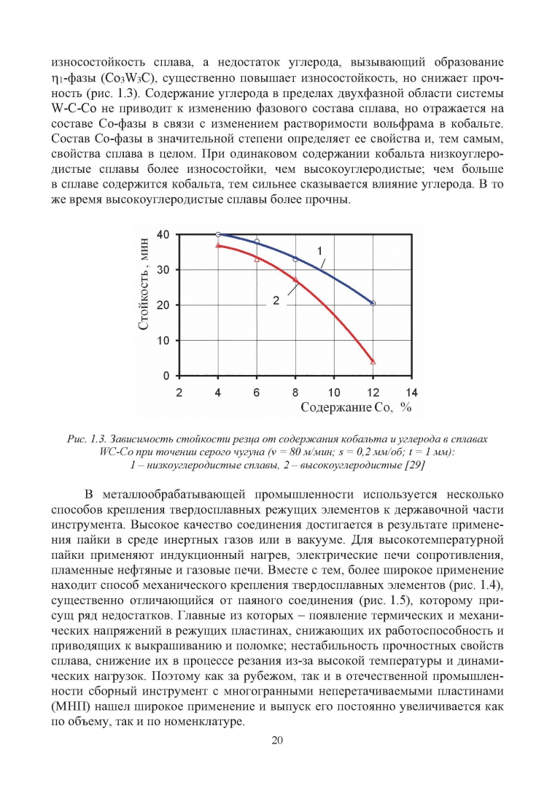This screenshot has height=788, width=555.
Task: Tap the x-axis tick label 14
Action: coord(412,392)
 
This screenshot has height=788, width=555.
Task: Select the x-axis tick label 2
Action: coord(179,392)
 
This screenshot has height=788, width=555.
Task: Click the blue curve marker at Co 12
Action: coord(373,303)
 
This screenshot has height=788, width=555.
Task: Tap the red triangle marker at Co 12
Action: coord(373,361)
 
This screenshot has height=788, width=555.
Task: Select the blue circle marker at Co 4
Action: coord(218,234)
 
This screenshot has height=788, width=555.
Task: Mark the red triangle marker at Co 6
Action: coord(257,258)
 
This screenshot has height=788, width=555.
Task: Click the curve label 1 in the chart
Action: coord(319,251)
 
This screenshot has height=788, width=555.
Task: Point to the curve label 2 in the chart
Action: coord(276,299)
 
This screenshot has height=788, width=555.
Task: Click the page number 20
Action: coord(277,741)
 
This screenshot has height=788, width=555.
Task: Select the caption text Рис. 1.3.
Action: coord(89,439)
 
